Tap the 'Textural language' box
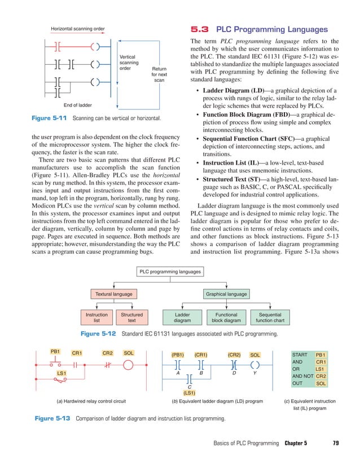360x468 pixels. pyautogui.click(x=114, y=294)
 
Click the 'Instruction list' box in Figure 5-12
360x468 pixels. pyautogui.click(x=96, y=317)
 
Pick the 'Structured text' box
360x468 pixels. pyautogui.click(x=131, y=317)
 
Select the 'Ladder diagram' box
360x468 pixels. pyautogui.click(x=182, y=317)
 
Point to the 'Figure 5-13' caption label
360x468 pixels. pyautogui.click(x=54, y=419)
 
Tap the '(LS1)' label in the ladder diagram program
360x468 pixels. pyautogui.click(x=189, y=392)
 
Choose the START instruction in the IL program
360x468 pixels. pyautogui.click(x=300, y=354)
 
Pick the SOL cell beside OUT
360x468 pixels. pyautogui.click(x=321, y=383)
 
